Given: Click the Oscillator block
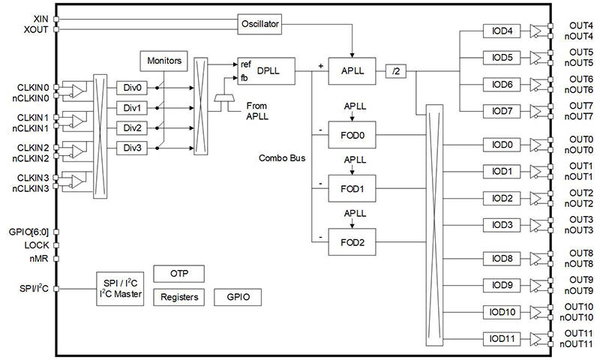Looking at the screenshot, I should [x=260, y=24].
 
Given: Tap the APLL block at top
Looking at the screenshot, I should [x=352, y=70].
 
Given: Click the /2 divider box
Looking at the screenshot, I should [x=395, y=70].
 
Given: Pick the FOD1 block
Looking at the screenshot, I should [x=352, y=189].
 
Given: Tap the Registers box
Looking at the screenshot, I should [x=179, y=297].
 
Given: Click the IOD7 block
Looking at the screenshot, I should [x=502, y=111].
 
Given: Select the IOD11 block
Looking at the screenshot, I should [x=502, y=338].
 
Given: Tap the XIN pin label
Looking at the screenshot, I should [x=42, y=18].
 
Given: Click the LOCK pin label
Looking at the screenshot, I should [x=37, y=245].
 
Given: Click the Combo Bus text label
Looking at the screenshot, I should [x=280, y=158].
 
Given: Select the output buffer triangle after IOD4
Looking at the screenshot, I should [x=538, y=31].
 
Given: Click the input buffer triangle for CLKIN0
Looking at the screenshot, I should [x=77, y=91].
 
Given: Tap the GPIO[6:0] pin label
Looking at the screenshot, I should [x=30, y=232].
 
